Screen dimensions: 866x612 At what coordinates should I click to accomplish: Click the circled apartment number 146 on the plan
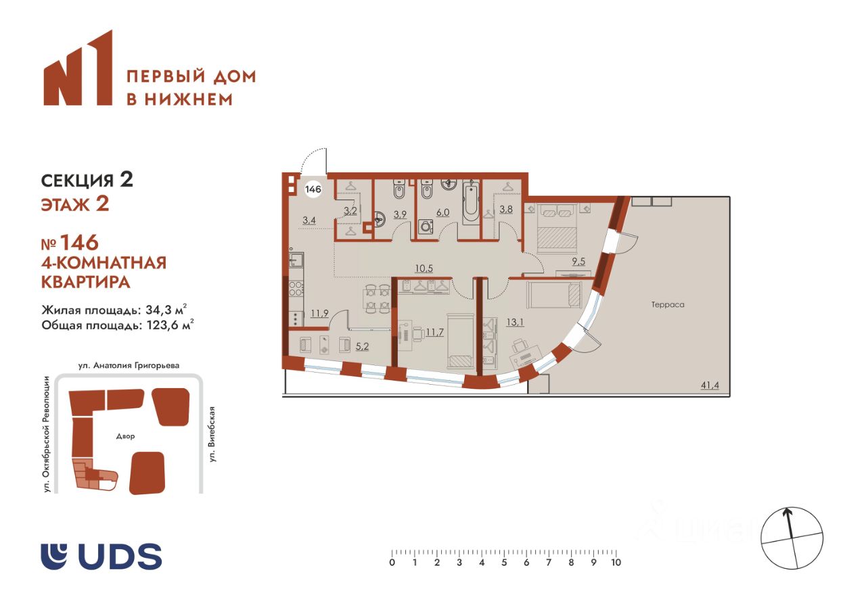(313, 189)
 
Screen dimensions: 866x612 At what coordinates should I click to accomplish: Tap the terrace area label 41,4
(710, 385)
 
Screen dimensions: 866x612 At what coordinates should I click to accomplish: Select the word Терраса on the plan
(668, 304)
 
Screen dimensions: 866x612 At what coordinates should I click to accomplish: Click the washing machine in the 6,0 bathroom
(426, 226)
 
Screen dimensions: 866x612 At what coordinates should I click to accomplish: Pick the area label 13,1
(515, 322)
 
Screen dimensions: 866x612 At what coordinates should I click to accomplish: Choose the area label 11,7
(434, 332)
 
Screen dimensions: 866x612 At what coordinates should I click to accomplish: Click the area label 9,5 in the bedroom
(578, 262)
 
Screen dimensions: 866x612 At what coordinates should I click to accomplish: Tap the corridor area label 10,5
(424, 268)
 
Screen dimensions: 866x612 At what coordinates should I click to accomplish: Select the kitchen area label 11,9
(320, 313)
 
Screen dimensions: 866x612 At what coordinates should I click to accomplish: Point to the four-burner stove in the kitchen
(296, 289)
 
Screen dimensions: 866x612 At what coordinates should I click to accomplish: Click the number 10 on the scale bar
(616, 563)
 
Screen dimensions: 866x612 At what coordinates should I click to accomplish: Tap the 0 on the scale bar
(392, 563)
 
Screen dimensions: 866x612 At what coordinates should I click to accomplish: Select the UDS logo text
(120, 557)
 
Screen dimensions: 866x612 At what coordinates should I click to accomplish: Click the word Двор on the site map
(125, 436)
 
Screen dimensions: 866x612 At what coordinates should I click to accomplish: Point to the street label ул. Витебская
(212, 434)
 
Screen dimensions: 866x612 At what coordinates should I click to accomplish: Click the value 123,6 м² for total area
(170, 325)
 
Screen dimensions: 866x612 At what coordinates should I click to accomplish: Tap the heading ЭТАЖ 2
(75, 204)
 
